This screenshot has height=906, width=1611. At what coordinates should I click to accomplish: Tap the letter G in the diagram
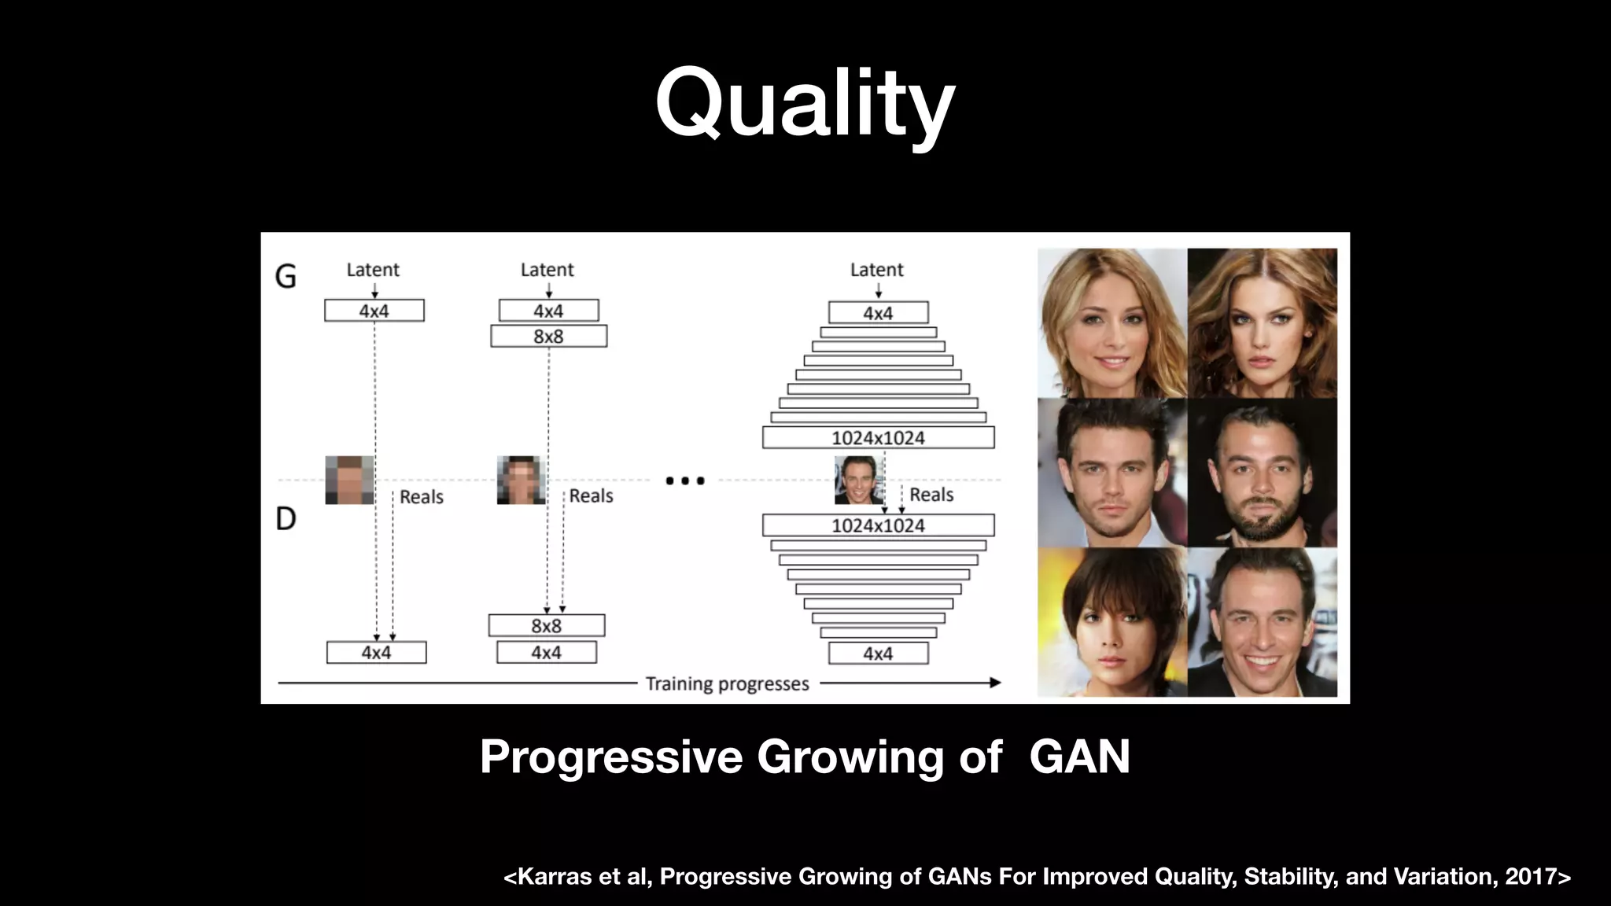coord(286,276)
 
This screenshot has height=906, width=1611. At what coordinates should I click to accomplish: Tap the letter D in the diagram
coord(286,518)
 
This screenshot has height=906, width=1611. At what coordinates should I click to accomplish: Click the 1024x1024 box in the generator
coord(878,438)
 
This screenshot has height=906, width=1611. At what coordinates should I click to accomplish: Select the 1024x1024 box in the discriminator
coord(878,525)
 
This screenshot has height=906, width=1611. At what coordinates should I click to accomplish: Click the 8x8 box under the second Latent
coord(548,337)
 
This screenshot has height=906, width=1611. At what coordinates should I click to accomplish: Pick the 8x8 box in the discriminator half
coord(547,626)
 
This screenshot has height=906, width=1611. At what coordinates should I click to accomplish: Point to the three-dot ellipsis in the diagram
coord(684,481)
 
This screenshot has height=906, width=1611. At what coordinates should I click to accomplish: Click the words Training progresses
coord(727,683)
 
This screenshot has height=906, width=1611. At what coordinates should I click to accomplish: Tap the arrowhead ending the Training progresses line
coord(995,683)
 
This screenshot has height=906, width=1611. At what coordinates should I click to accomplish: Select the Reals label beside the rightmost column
coord(931,495)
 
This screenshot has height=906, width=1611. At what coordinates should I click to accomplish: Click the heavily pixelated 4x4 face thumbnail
coord(349,480)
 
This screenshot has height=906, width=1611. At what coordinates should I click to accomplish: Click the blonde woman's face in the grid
coord(1111,324)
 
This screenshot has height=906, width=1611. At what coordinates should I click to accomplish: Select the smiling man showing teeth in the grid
coord(1262,623)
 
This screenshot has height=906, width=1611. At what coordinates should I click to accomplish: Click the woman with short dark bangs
coord(1111,623)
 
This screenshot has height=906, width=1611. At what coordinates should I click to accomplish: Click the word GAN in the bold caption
coord(1079,757)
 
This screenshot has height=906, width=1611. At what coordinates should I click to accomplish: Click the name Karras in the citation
coord(555,876)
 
